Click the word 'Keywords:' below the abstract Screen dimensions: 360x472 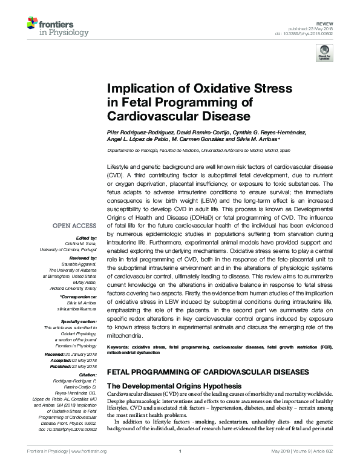coord(119,348)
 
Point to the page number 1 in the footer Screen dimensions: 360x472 coord(180,468)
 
